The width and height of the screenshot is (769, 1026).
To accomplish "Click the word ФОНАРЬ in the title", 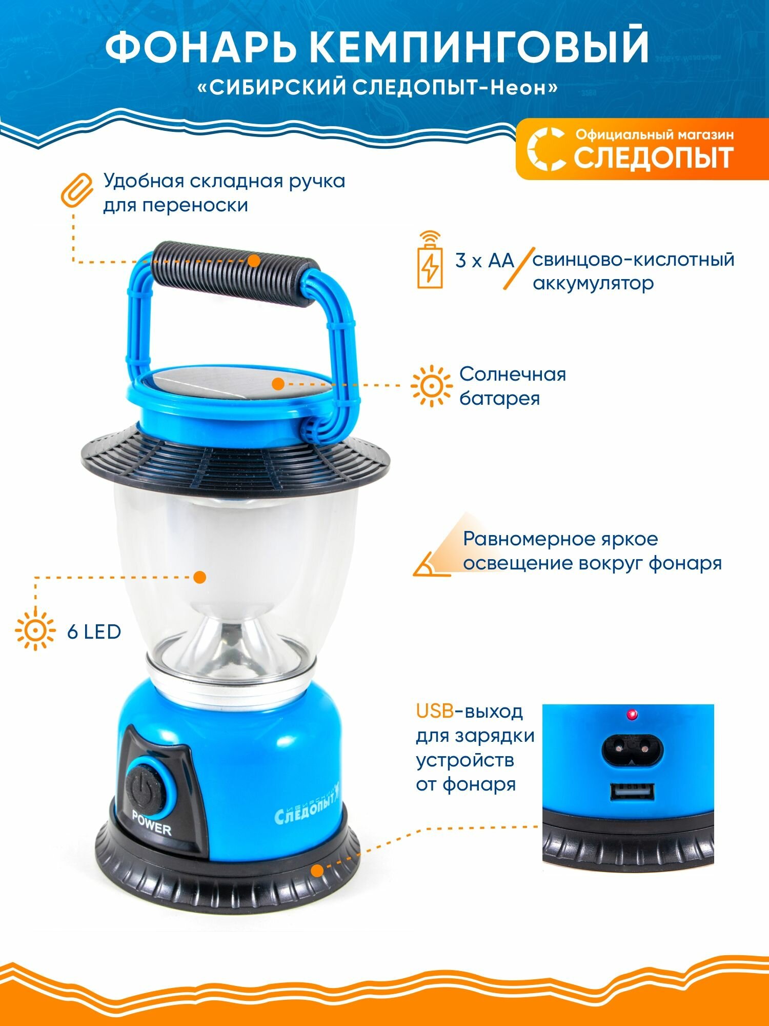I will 203,47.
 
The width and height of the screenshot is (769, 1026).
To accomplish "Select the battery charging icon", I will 430,262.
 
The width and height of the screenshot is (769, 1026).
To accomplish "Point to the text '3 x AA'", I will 484,261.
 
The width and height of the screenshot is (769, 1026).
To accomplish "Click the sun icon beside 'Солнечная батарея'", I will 431,386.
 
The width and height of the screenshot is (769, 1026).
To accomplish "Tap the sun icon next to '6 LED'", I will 35,630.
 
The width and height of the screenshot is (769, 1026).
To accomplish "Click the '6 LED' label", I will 94,632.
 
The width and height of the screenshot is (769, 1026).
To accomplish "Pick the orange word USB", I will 435,712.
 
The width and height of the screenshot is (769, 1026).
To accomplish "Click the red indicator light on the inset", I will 632,714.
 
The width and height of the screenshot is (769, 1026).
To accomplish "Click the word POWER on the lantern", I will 152,822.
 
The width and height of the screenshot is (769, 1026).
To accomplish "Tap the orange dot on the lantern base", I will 317,870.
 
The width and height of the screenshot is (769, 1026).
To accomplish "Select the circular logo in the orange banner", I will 547,149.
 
